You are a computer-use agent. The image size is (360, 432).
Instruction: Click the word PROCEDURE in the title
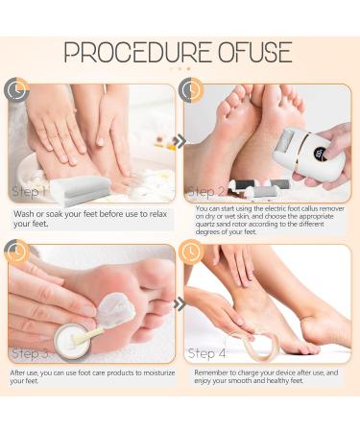137,53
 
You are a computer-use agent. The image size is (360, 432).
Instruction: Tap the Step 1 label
29,192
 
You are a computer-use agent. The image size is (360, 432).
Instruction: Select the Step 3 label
31,353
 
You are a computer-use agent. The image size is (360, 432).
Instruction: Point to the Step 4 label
206,353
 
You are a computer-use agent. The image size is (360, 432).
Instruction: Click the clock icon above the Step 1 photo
16,89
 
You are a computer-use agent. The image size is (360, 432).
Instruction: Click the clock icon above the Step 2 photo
191,89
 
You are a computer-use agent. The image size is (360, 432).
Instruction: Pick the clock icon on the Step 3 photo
16,252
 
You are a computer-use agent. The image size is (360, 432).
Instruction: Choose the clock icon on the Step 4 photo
191,252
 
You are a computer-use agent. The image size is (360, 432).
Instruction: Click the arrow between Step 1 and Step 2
180,141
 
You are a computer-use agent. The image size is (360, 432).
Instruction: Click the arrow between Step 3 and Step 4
180,303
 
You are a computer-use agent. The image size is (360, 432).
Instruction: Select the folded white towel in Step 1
81,189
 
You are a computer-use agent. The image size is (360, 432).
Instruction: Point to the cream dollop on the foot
116,309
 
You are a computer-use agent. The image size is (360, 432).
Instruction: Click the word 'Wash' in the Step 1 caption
23,214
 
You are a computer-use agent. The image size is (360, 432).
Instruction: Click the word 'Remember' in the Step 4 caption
210,372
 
